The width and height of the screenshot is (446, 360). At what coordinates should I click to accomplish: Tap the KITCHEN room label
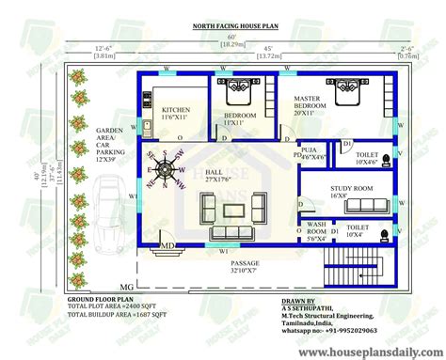(x=176, y=114)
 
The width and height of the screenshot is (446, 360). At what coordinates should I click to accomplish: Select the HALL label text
(x=213, y=173)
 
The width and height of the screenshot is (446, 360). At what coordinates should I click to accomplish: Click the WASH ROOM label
(x=316, y=229)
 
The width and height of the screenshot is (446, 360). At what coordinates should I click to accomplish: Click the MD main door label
(x=167, y=246)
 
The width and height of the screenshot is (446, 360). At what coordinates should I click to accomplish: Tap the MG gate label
(x=127, y=285)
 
